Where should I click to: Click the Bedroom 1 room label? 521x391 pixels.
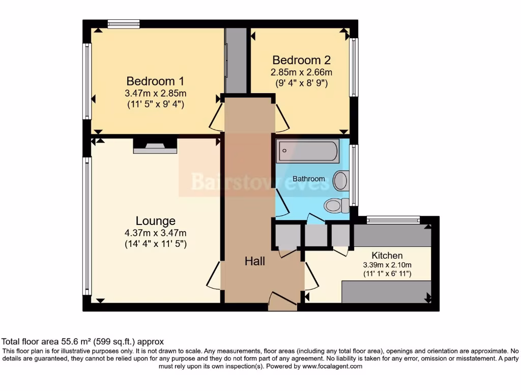tap(155, 81)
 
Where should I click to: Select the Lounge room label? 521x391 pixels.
tap(155, 220)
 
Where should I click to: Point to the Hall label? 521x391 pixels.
tap(255, 261)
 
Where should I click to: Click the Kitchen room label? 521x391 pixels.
tap(387, 255)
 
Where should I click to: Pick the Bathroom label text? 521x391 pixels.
tap(308, 179)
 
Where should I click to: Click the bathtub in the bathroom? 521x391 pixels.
tap(307, 151)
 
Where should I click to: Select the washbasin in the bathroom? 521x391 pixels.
tap(341, 180)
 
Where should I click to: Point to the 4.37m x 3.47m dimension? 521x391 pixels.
tap(155, 233)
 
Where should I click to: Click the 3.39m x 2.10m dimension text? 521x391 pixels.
tap(387, 265)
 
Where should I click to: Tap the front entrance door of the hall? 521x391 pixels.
tap(282, 301)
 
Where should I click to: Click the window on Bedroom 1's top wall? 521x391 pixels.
tap(124, 23)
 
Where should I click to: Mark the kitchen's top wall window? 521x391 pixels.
tap(393, 220)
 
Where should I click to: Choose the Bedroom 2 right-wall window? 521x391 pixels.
tap(353, 67)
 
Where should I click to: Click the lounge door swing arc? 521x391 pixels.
tap(213, 275)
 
